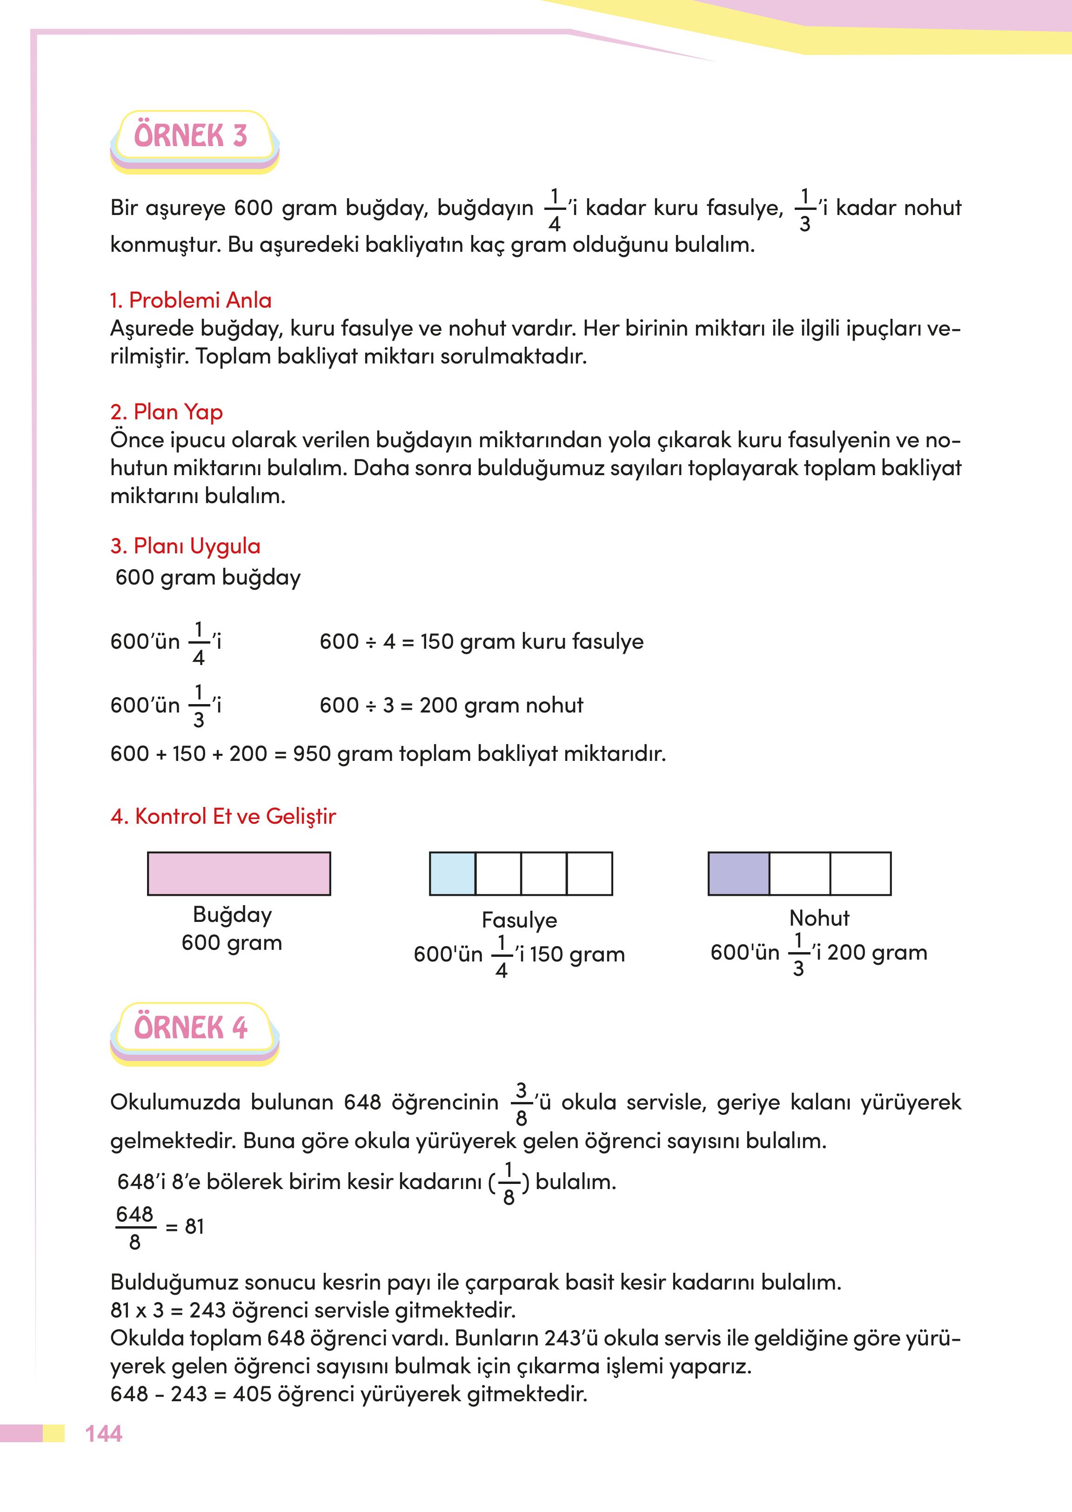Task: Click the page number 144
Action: coord(104,1433)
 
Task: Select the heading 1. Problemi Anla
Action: coord(190,301)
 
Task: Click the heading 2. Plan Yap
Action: coord(167,412)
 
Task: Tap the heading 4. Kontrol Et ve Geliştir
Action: coord(223,816)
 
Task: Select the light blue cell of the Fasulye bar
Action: coord(452,874)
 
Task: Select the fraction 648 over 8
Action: coord(134,1228)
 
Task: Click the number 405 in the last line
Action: coord(252,1394)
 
